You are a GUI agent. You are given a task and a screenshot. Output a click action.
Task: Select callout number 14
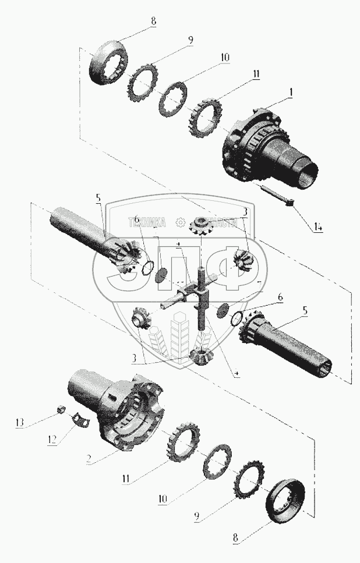(317, 227)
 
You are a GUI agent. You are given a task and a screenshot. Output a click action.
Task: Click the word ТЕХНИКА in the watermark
(147, 222)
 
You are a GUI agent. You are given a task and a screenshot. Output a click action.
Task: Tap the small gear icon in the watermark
(181, 222)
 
